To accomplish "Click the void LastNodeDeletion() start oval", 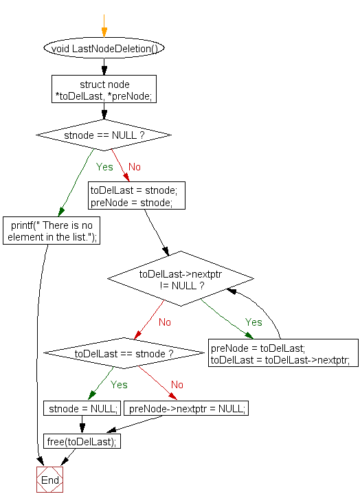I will point(104,49).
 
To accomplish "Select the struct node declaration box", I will point(104,89).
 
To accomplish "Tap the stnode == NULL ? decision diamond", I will point(104,135).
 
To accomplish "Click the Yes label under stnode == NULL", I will point(104,167).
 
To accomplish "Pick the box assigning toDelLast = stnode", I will point(137,195).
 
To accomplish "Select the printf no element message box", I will point(51,231).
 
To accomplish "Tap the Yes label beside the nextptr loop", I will point(254,322).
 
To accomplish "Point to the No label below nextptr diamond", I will point(165,322).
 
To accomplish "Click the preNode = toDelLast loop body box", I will point(284,353).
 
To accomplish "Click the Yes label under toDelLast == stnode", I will point(119,385).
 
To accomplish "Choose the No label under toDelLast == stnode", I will point(177,385).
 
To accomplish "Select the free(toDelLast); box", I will point(82,441).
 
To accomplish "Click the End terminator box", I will point(49,480).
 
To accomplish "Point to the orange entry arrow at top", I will point(104,27).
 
